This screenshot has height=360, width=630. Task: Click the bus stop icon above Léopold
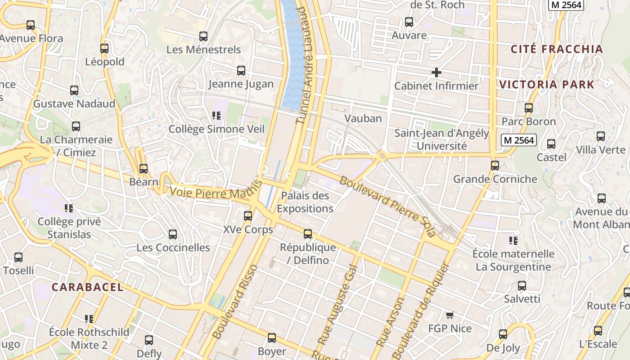click(x=104, y=49)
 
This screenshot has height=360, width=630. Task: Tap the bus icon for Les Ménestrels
click(x=203, y=36)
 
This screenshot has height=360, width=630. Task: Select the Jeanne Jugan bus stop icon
click(x=241, y=71)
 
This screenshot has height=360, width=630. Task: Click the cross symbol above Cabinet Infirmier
click(x=436, y=72)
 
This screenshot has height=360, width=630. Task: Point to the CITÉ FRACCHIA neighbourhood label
click(x=557, y=49)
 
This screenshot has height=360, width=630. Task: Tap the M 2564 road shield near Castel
click(x=519, y=140)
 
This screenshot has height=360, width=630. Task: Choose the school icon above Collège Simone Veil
click(x=216, y=116)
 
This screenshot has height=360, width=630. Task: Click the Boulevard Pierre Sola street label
click(x=387, y=206)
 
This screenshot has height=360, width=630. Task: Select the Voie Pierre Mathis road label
click(x=216, y=192)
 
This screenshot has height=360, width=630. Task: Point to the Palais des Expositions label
click(x=305, y=202)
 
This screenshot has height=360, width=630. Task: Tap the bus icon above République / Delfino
click(x=308, y=234)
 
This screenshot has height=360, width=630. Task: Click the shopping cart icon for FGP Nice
click(x=450, y=315)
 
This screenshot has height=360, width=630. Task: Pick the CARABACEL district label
click(x=87, y=287)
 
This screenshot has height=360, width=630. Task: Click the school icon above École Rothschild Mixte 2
click(x=89, y=319)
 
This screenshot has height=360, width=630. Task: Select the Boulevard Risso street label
click(x=235, y=301)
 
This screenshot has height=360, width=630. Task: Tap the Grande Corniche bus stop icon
click(x=495, y=166)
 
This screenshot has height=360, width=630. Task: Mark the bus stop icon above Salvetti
click(x=522, y=286)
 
